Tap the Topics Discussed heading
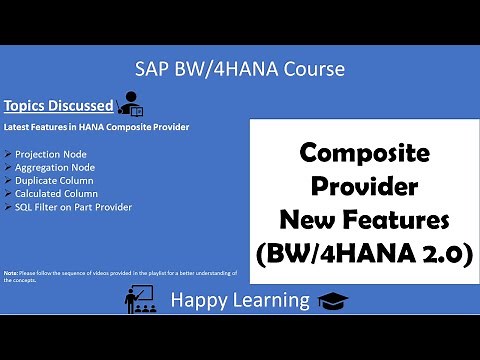(x=59, y=105)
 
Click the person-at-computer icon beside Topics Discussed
(x=130, y=102)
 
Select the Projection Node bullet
(x=51, y=156)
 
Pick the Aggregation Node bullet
(x=55, y=169)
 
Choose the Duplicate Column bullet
(x=54, y=181)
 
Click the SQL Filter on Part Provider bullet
(x=73, y=207)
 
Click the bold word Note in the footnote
(x=11, y=272)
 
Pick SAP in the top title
(x=153, y=69)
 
